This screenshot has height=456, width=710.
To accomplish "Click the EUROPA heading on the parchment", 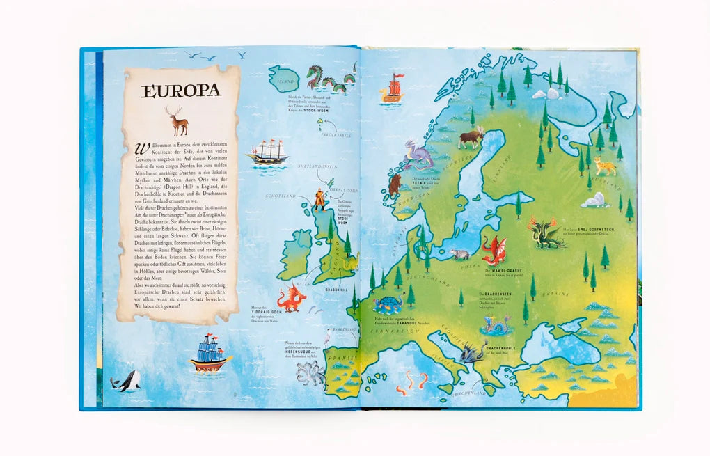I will pyautogui.click(x=181, y=91).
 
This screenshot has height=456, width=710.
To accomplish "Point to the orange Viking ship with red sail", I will pyautogui.click(x=393, y=90).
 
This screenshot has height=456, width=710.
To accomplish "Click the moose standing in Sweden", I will pyautogui.click(x=471, y=136).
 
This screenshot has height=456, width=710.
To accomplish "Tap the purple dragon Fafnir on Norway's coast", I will pyautogui.click(x=419, y=154).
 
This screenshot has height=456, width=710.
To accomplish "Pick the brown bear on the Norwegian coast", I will pyautogui.click(x=395, y=185).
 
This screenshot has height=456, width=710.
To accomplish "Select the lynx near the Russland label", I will pyautogui.click(x=603, y=166).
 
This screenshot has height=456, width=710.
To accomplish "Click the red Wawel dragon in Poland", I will pyautogui.click(x=494, y=249).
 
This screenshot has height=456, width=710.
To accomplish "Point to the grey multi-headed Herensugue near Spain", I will pyautogui.click(x=310, y=372).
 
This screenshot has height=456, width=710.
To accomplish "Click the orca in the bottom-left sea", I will pyautogui.click(x=127, y=381).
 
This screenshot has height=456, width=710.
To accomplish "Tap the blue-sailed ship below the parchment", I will pyautogui.click(x=210, y=353).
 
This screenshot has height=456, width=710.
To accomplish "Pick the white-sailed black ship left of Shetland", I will pyautogui.click(x=267, y=152).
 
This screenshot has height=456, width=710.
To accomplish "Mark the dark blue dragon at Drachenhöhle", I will pyautogui.click(x=473, y=352).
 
